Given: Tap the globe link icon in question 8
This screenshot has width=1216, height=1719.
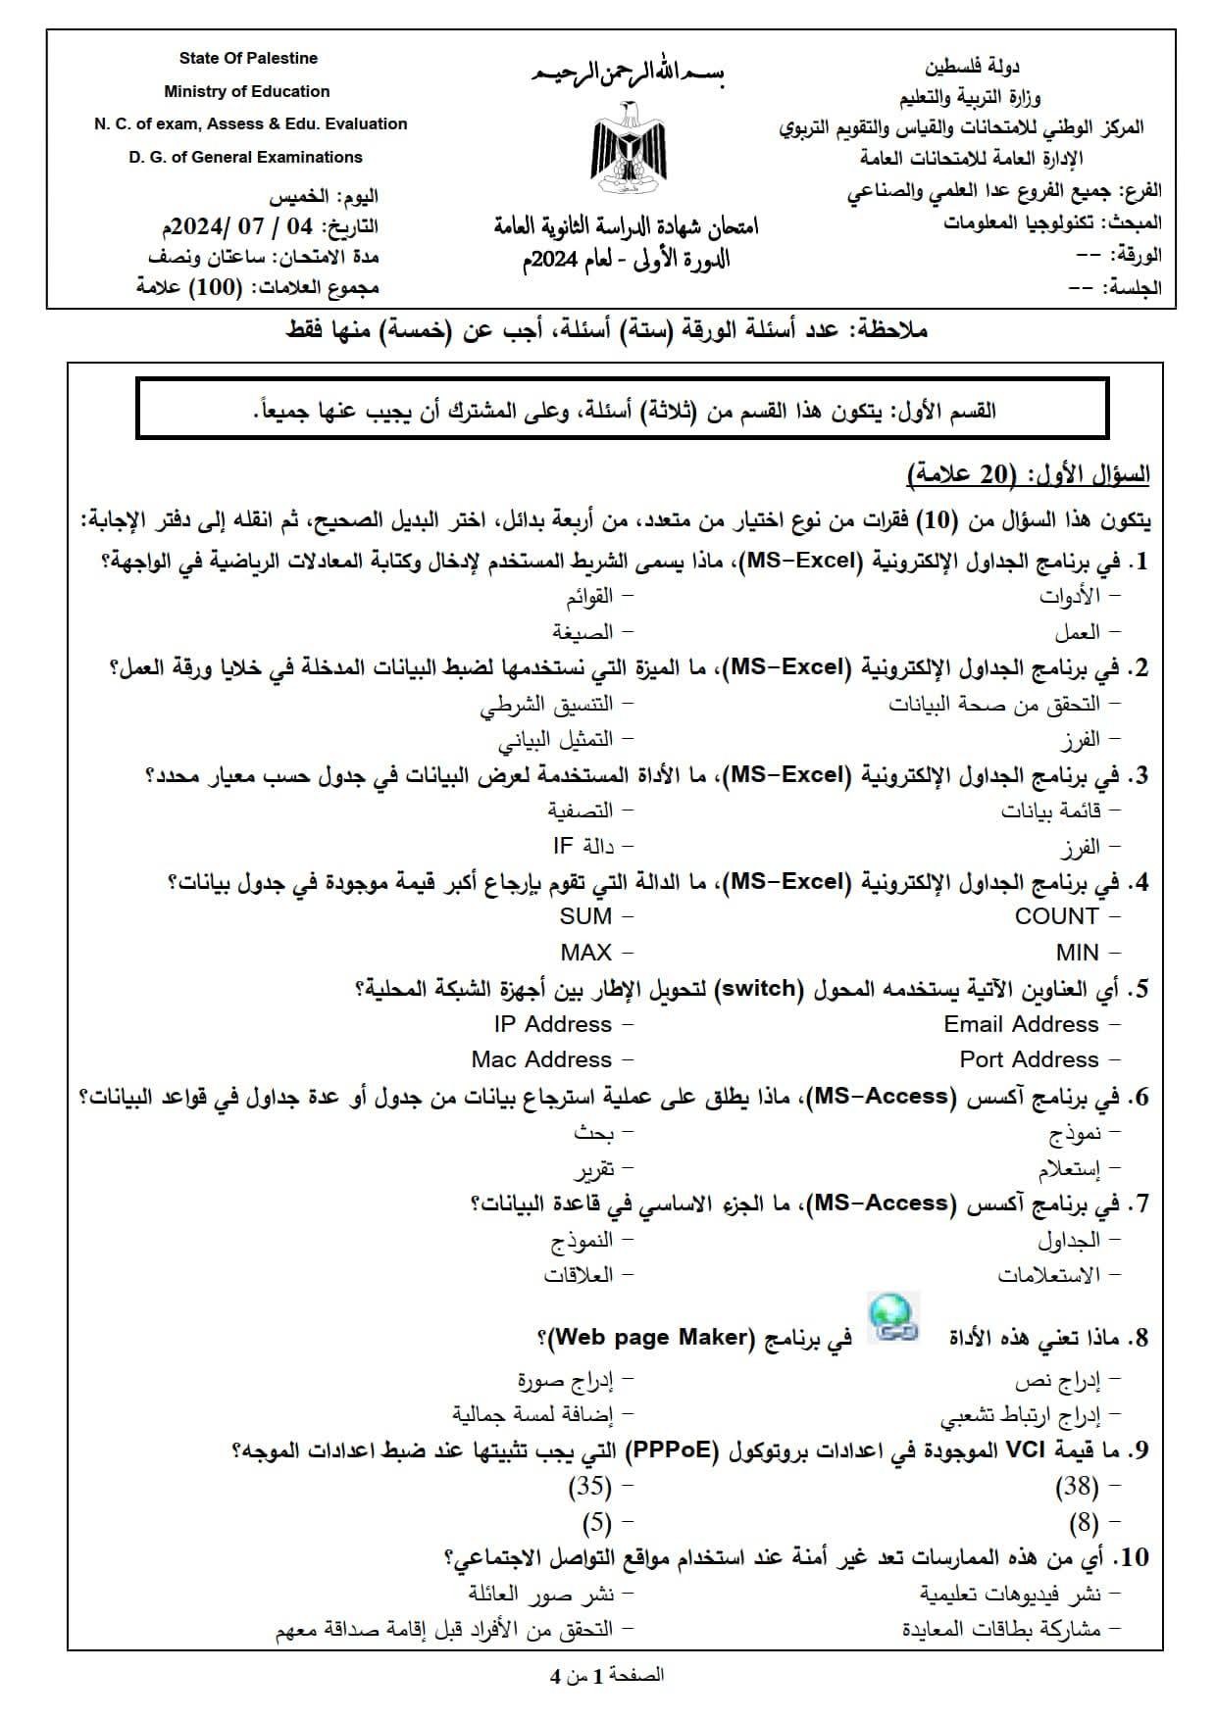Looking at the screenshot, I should tap(894, 1316).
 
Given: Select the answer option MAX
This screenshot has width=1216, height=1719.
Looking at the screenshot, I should tap(585, 952).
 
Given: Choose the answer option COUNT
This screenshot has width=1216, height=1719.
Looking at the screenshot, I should tap(1056, 916).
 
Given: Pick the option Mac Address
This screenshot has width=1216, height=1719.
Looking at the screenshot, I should tap(541, 1059).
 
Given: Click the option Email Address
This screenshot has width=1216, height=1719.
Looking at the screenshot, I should tap(1021, 1024).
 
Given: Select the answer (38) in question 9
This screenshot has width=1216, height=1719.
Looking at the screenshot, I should tap(1077, 1487).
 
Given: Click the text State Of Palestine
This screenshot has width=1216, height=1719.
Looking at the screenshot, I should tap(248, 58).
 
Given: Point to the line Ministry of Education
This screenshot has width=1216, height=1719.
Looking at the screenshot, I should tap(247, 91).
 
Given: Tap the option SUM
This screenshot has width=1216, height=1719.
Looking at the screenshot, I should tap(585, 916).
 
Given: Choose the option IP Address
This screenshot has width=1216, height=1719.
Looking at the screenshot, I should tap(553, 1024).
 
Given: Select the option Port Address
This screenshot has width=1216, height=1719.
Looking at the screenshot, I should tap(1029, 1059).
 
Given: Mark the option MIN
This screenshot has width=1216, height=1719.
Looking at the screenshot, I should tap(1077, 952).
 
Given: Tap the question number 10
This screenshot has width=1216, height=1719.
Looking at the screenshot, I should tap(1136, 1557).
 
